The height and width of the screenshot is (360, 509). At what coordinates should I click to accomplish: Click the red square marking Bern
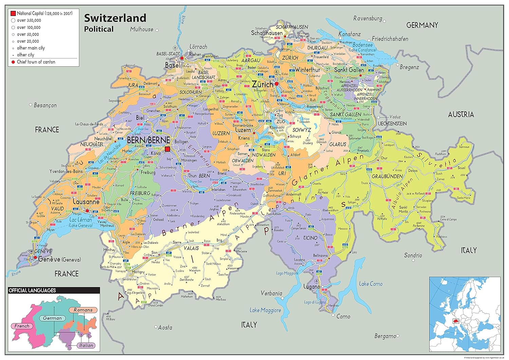[x=168, y=149]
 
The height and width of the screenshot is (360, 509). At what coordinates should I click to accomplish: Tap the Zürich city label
[x=262, y=84]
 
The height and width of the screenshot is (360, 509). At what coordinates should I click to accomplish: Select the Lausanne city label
[x=86, y=202]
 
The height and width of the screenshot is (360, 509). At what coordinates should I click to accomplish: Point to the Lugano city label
[x=311, y=287]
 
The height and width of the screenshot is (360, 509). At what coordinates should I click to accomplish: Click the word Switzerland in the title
[x=115, y=18]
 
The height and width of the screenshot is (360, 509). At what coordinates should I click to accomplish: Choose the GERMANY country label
[x=422, y=25]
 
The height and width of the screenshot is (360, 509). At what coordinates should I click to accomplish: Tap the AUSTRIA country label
[x=460, y=115]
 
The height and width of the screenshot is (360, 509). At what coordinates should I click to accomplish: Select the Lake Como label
[x=371, y=284]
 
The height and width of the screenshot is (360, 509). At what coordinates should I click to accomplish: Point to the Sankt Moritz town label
[x=403, y=210]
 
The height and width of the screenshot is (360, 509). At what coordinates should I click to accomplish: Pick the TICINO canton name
[x=310, y=238]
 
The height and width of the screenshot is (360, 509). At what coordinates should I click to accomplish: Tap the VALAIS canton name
[x=191, y=248]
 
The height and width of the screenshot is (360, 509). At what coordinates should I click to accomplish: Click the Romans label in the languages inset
[x=83, y=310]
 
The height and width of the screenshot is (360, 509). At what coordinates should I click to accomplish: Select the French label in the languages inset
[x=22, y=326]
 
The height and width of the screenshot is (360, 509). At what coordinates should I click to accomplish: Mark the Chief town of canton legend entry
[x=36, y=62]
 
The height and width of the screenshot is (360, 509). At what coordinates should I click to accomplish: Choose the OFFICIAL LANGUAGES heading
[x=32, y=290]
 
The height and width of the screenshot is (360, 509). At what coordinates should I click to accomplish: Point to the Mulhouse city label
[x=142, y=30]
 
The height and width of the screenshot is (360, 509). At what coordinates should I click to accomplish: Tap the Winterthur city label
[x=307, y=70]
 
